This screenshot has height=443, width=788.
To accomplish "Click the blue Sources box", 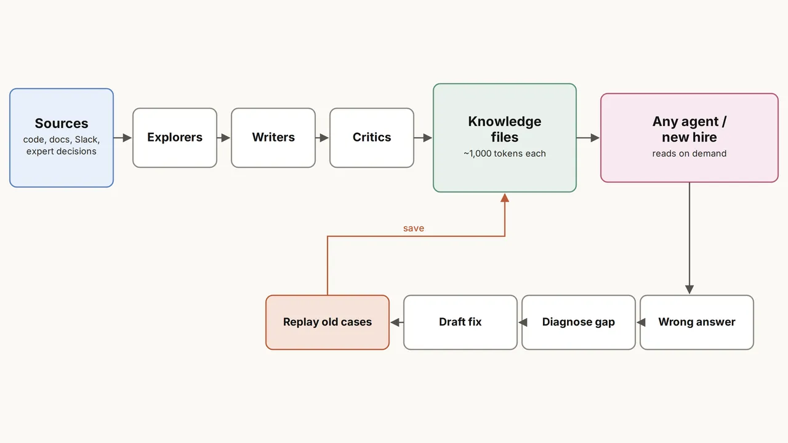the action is (x=62, y=138).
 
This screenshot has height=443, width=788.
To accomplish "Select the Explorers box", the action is (x=175, y=138).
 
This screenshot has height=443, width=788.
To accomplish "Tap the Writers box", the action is (x=273, y=138).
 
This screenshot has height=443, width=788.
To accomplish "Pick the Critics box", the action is (x=372, y=138).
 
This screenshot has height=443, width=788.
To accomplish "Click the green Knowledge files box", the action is (x=505, y=138).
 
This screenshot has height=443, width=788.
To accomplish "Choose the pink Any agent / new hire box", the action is (x=689, y=138).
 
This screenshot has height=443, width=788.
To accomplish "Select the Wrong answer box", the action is (x=697, y=322).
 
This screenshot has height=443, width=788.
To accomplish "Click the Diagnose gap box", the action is (x=579, y=322).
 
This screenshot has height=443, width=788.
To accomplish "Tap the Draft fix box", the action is (x=460, y=322).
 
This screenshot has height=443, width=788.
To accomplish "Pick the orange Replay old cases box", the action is (x=328, y=322).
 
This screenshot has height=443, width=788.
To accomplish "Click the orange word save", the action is (x=414, y=228).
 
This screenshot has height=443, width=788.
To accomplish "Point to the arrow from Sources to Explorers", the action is (x=123, y=138).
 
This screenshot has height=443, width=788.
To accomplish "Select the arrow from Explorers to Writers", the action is (x=223, y=138).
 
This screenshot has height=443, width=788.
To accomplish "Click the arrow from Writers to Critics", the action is (x=322, y=138).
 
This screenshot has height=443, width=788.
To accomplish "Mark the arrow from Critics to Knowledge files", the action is (x=423, y=138).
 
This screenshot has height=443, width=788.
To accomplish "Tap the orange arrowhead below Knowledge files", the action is (x=505, y=198).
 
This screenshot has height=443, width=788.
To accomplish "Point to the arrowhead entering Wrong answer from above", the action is (x=689, y=290).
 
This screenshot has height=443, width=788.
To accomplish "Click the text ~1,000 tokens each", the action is (x=505, y=154).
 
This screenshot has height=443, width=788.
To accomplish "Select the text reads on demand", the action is (x=689, y=154).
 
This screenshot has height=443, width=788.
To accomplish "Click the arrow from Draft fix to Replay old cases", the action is (x=397, y=322).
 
